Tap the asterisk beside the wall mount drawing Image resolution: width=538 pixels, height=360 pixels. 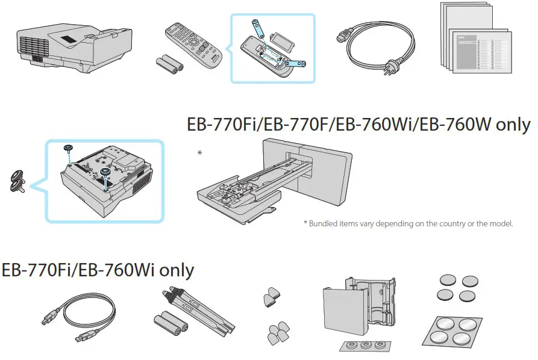(199, 154)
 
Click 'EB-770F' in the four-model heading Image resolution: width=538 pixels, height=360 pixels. (277, 125)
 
